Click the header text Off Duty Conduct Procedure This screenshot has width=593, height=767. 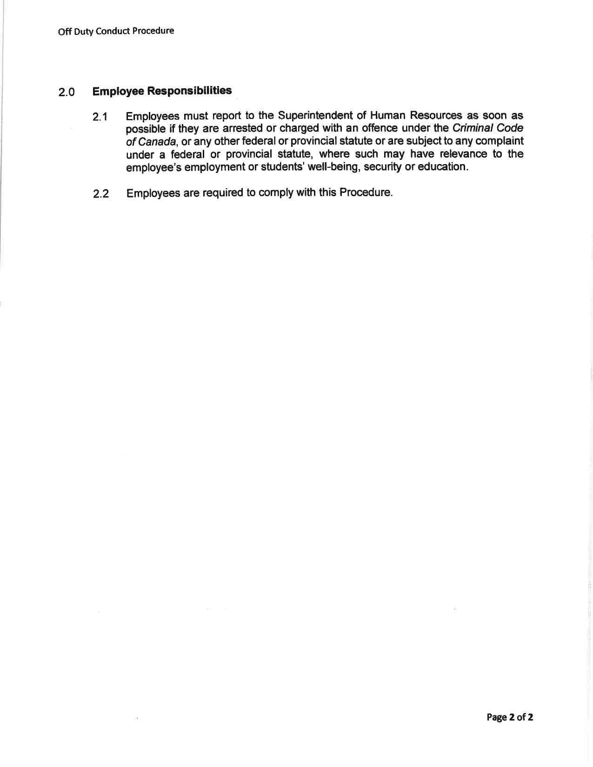(x=116, y=31)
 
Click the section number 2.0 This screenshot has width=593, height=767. (x=67, y=92)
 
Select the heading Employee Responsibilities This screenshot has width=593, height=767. (x=162, y=91)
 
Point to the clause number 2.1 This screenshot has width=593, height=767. (x=100, y=117)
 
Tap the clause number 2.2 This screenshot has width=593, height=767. (x=100, y=194)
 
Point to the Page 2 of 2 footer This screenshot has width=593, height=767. (x=510, y=717)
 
